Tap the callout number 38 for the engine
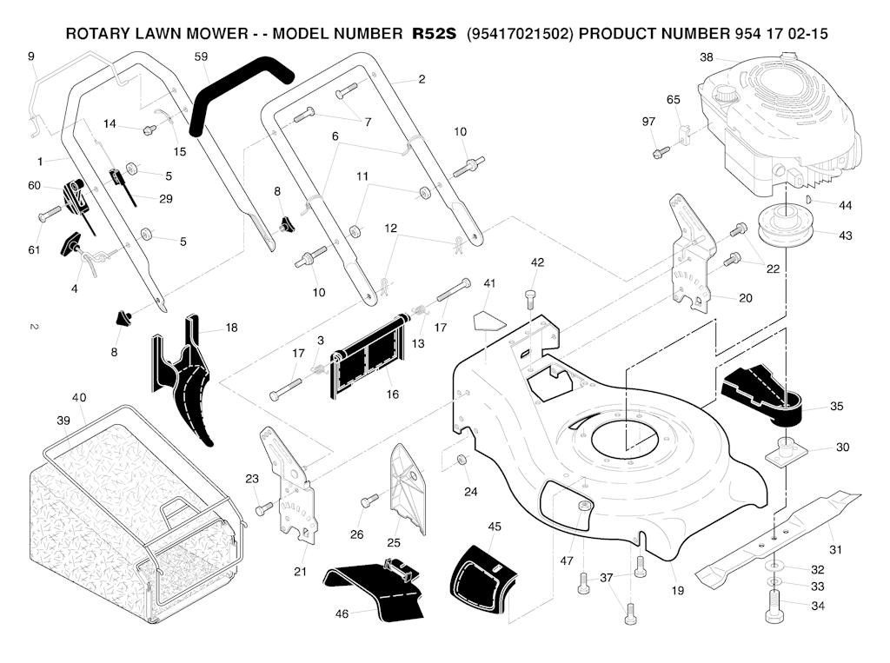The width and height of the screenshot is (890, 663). tap(707, 57)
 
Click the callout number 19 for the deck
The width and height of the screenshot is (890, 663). tap(677, 591)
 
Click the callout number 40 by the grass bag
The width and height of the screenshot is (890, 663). tap(79, 398)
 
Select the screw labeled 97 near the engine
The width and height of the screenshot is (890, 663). tap(658, 154)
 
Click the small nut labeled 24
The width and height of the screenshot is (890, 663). tap(462, 459)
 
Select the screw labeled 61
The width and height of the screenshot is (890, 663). tap(49, 211)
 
